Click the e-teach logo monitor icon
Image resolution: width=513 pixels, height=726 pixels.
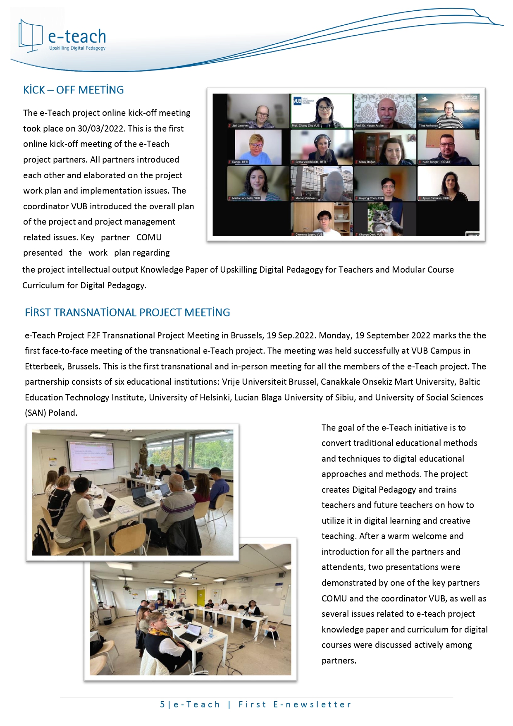tap(31, 36)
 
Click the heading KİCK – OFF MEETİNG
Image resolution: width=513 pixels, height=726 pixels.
tap(74, 90)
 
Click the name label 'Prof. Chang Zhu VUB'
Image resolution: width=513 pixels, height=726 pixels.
tap(306, 125)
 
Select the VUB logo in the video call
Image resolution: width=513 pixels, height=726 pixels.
tap(297, 101)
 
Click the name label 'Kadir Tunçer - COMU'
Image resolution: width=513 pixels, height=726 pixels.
tap(436, 162)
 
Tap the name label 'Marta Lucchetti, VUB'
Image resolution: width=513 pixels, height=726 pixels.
tap(246, 198)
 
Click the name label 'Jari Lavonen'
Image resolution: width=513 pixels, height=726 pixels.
tap(240, 125)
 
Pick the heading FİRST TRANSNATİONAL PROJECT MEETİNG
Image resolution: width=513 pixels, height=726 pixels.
tap(127, 313)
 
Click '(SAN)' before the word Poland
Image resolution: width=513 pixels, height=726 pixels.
tap(35, 413)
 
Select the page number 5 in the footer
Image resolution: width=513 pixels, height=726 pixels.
tap(162, 704)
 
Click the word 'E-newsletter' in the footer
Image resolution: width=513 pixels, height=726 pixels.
tap(312, 704)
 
